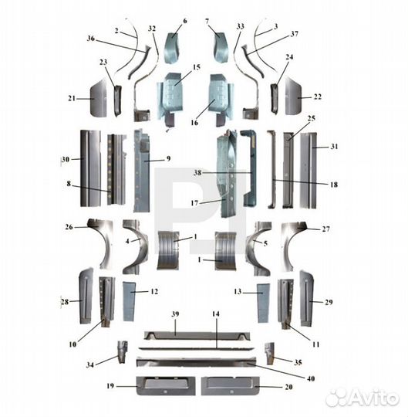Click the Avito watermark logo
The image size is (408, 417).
click(x=362, y=398)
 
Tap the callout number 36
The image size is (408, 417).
click(x=91, y=39)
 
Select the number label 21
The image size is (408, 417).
click(x=72, y=98)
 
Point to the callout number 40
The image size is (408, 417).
click(x=311, y=378)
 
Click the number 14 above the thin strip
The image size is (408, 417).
click(x=216, y=314)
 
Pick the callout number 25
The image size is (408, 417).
click(x=312, y=118)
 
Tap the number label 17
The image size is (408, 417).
click(x=194, y=203)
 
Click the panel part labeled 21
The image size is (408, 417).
click(x=99, y=97)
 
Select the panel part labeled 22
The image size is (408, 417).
click(x=293, y=97)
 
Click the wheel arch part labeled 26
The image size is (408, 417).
click(x=103, y=243)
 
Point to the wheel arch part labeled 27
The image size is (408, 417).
click(x=292, y=246)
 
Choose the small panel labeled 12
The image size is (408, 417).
click(x=129, y=301)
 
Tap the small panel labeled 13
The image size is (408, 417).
click(x=264, y=303)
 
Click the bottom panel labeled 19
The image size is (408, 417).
click(x=166, y=385)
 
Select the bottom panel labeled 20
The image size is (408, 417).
click(x=231, y=385)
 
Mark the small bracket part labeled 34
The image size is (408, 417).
click(x=123, y=352)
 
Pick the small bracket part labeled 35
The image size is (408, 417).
click(x=270, y=354)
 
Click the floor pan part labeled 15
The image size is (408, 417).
click(x=170, y=98)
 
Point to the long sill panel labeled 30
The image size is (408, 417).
click(x=90, y=168)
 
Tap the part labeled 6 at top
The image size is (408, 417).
click(x=172, y=48)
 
